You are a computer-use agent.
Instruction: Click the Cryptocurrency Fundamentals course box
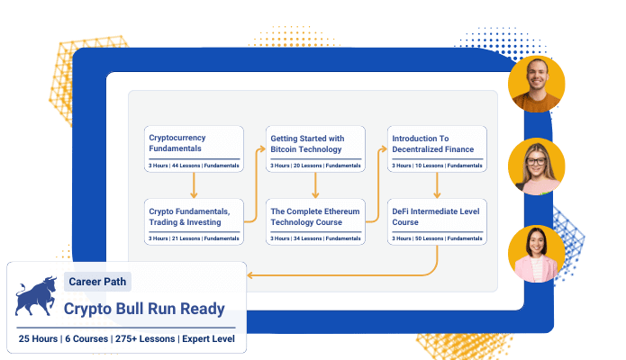(194, 148)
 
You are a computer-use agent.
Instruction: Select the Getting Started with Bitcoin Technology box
(315, 148)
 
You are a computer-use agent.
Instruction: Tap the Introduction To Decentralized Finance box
(437, 148)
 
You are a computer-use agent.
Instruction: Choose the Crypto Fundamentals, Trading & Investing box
(194, 221)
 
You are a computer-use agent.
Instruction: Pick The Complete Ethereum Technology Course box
(315, 221)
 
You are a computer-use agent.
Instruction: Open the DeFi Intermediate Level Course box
(437, 221)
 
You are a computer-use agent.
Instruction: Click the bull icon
(36, 296)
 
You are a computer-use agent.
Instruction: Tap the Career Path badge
(97, 282)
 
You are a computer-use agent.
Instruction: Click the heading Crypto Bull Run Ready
(144, 309)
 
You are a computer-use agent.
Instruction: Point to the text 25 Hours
(38, 338)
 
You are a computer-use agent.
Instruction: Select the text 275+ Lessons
(145, 338)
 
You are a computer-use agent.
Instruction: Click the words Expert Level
(208, 338)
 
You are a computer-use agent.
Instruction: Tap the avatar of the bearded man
(536, 85)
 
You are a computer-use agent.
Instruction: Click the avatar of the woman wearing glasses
(536, 166)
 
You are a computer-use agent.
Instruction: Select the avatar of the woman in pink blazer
(536, 254)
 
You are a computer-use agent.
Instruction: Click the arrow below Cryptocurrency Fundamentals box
(194, 185)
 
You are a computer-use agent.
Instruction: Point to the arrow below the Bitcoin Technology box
(315, 185)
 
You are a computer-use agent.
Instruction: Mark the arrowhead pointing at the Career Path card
(249, 275)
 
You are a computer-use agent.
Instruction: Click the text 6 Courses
(86, 338)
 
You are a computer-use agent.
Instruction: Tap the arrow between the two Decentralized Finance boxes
(437, 185)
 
